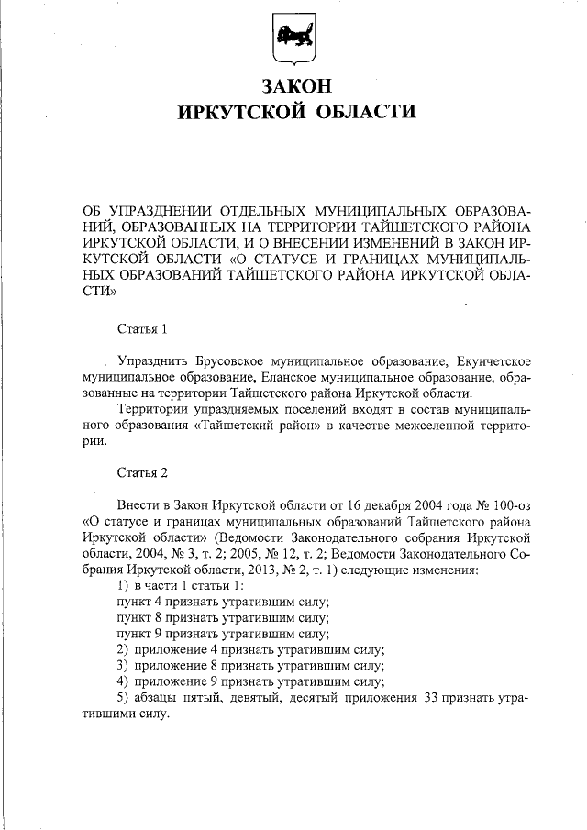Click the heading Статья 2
coord(143,473)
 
